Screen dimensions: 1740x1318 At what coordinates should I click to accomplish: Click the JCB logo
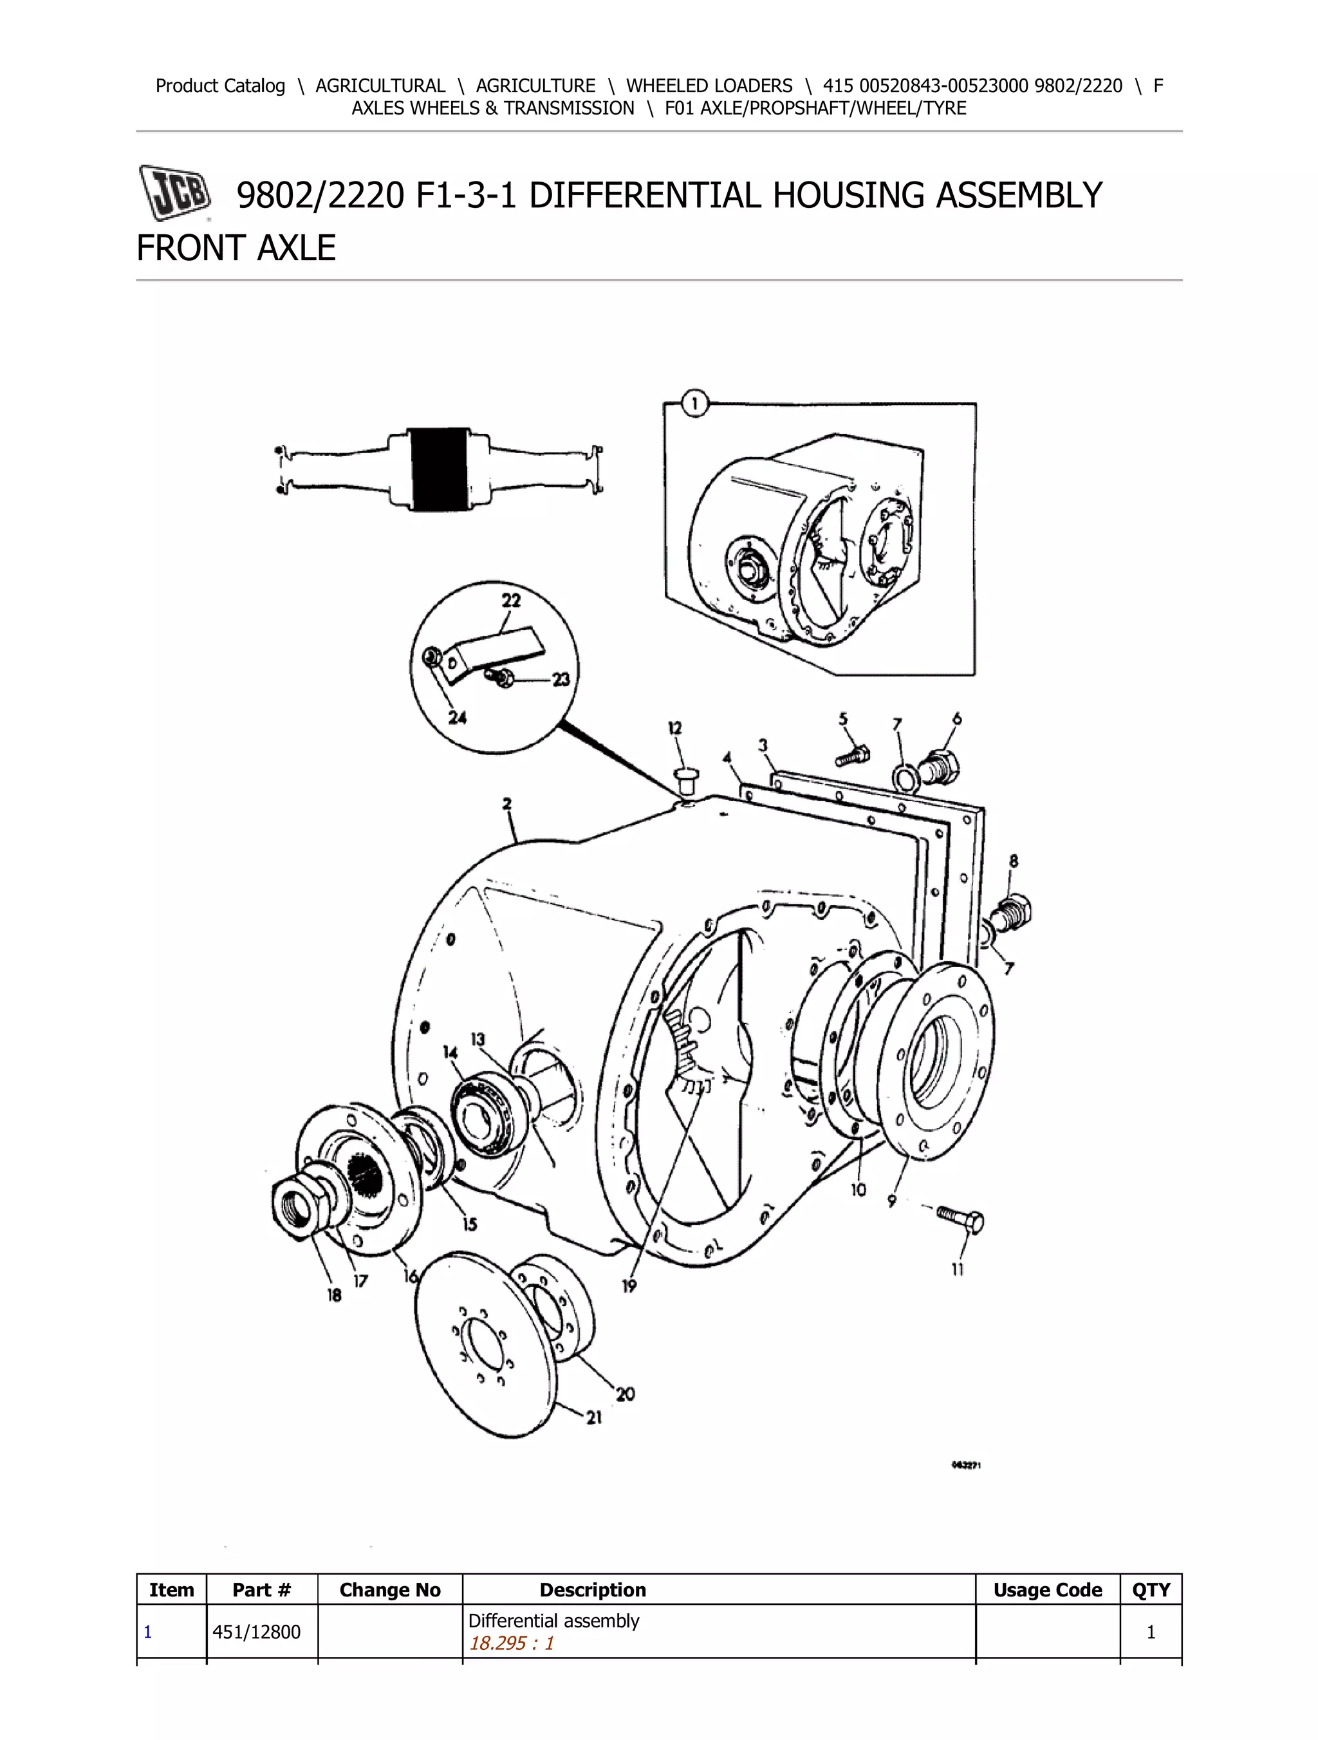click(x=174, y=192)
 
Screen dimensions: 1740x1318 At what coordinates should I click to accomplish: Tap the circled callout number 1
click(x=694, y=405)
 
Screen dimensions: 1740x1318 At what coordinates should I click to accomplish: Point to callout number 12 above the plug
click(x=674, y=729)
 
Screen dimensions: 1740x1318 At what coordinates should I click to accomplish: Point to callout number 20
click(x=625, y=1394)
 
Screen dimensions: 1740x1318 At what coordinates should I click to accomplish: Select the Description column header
click(x=592, y=1590)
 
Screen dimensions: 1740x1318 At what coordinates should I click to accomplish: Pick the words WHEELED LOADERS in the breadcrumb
click(x=709, y=86)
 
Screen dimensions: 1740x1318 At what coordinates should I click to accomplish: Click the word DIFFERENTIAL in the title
click(x=644, y=195)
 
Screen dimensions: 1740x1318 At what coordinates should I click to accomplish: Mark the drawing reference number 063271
click(x=966, y=1464)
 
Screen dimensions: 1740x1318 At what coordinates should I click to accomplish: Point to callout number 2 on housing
click(x=507, y=804)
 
